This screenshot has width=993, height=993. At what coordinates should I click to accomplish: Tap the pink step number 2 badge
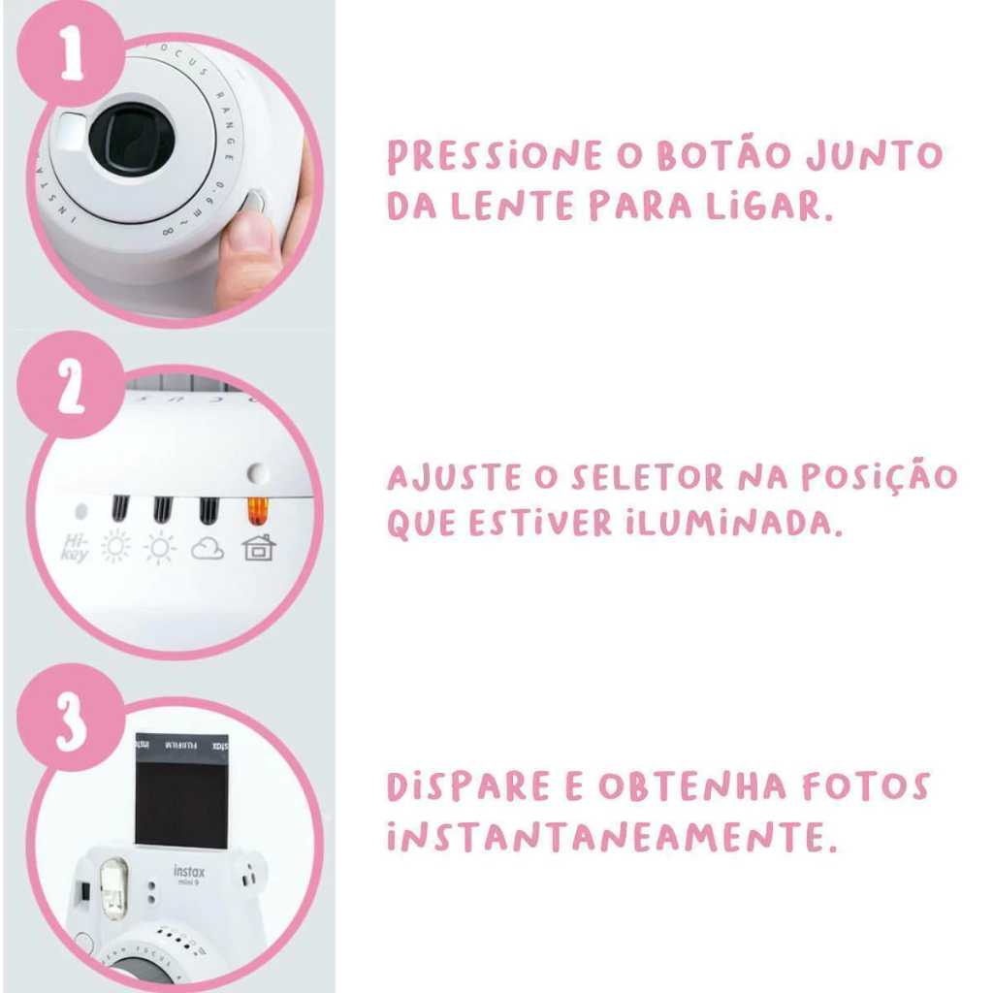pos(71,385)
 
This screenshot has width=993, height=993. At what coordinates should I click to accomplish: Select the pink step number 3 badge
pos(71,719)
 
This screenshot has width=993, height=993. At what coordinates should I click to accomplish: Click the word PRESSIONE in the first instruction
pos(495,156)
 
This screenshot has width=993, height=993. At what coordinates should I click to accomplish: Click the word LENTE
pos(512,206)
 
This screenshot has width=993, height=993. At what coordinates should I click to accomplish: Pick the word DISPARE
pos(468,786)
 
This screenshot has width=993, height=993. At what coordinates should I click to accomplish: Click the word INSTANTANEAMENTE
pos(612,837)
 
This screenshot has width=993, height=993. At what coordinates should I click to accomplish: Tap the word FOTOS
pos(866,786)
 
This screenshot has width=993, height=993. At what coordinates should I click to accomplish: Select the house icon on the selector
pos(259,548)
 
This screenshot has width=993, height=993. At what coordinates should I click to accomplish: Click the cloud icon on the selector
pos(208,549)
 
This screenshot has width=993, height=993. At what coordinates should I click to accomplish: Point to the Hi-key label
pos(76,548)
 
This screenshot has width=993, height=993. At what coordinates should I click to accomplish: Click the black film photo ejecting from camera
pos(181,791)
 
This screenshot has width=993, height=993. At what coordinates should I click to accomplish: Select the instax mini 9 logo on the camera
pos(189,874)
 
